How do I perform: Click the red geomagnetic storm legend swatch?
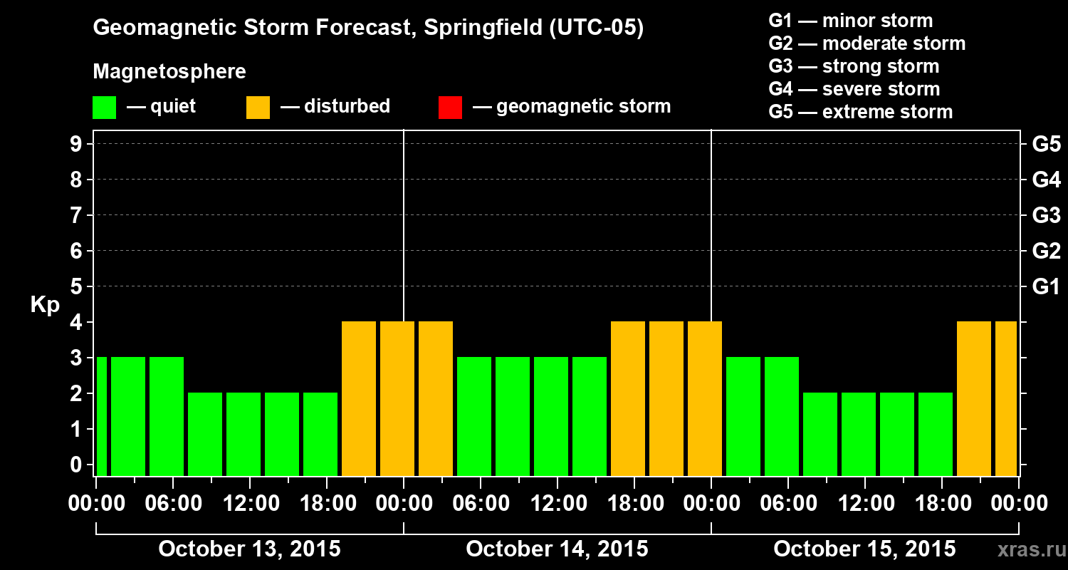(x=450, y=107)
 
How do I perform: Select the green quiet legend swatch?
(x=104, y=107)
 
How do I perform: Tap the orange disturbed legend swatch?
(x=258, y=107)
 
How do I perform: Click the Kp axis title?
(x=45, y=305)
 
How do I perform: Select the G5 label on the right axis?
(x=1046, y=144)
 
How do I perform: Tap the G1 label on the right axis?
(x=1046, y=287)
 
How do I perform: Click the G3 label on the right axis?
(x=1046, y=215)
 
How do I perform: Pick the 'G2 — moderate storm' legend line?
(x=867, y=43)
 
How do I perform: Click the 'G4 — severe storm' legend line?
(x=854, y=89)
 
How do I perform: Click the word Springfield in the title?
(x=483, y=28)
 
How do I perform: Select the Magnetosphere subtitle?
(x=169, y=72)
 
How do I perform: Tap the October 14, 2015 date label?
(x=557, y=549)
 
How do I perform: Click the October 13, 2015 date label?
(x=249, y=549)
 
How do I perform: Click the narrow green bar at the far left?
(x=102, y=416)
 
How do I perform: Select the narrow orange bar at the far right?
(x=1005, y=398)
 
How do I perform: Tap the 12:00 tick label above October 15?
(x=864, y=504)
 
